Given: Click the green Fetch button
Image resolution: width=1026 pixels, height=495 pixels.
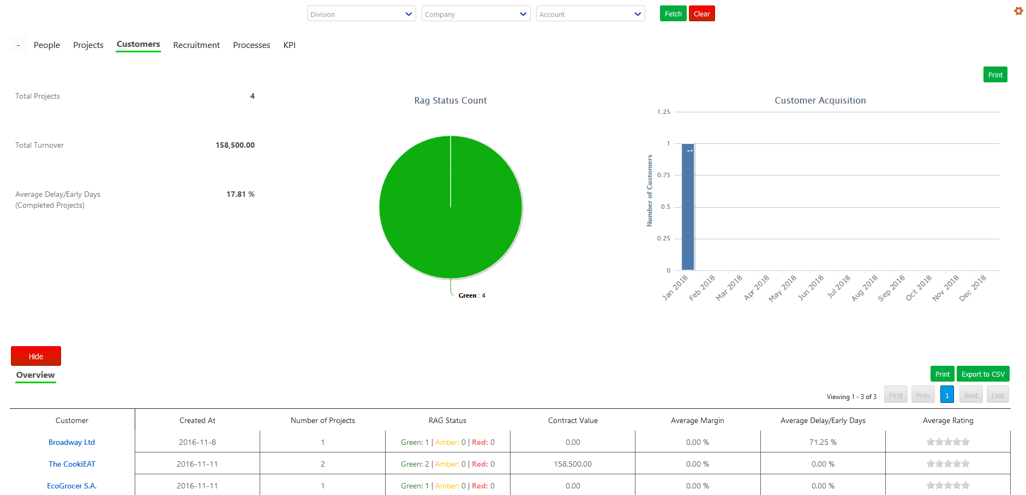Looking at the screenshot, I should pos(673,14).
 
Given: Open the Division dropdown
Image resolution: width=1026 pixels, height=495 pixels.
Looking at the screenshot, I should pos(361,14).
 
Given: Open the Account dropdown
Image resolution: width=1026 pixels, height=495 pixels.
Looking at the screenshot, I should pos(590,14).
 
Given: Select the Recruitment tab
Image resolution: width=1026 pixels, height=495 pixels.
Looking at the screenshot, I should pos(196,45).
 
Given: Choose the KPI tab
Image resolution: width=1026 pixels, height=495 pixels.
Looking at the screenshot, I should pos(289,45).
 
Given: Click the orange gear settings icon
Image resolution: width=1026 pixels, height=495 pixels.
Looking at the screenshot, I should pos(1018,11).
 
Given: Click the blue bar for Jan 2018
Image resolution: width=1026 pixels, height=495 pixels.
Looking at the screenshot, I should pos(688,207).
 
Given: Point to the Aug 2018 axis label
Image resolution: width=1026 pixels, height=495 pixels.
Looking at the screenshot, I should pos(865,288).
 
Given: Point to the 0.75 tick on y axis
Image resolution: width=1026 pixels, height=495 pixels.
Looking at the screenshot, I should pos(664,175).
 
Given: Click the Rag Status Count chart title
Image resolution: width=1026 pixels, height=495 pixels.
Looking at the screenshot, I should pos(450,100).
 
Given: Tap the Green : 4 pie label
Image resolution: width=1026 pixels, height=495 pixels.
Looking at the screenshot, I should pos(472,295).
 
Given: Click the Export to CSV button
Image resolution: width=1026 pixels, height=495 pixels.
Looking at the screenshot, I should pos(982,374).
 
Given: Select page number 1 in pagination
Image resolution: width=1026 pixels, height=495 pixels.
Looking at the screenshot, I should pos(947,395).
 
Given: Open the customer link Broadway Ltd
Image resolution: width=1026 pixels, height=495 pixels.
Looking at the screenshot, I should pos(71,442).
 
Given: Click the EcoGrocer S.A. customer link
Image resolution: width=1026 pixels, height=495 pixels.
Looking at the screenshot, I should pos(71,486).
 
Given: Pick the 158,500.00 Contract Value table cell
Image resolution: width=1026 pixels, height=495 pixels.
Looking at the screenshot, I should pos(573,464).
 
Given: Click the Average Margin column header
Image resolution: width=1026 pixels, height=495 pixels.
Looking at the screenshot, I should pos(697,420).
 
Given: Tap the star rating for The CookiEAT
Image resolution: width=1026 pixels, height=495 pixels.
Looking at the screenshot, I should pos(947,463).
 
